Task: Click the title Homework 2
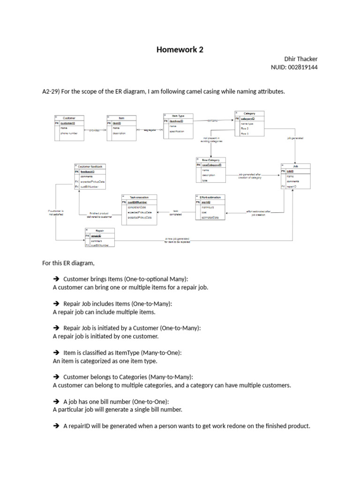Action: [x=180, y=50]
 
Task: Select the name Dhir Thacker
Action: [x=301, y=59]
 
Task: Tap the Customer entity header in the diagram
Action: [x=69, y=118]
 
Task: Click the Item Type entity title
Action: [x=178, y=115]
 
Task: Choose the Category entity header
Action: [x=249, y=113]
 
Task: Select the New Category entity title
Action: [x=210, y=160]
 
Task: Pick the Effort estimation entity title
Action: [x=210, y=197]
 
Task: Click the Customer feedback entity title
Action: [x=90, y=166]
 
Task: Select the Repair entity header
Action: [x=99, y=231]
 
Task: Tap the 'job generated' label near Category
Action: [x=295, y=138]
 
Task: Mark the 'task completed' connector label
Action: [x=176, y=212]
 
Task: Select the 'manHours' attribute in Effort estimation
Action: [x=207, y=207]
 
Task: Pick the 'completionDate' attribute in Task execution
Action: [x=137, y=207]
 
